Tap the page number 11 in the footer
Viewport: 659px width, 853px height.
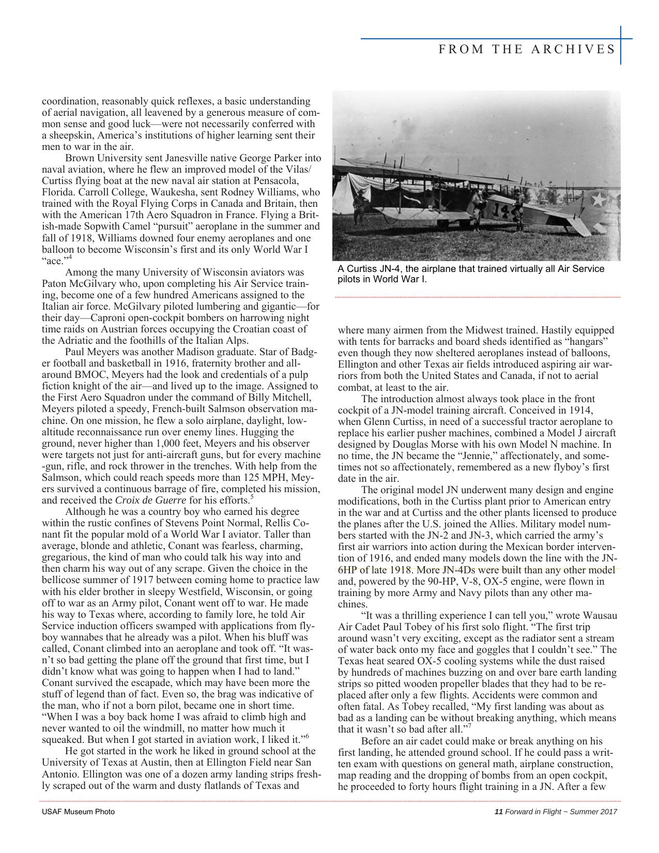pos(498,812)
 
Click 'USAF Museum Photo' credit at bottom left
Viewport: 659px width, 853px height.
pos(78,812)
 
